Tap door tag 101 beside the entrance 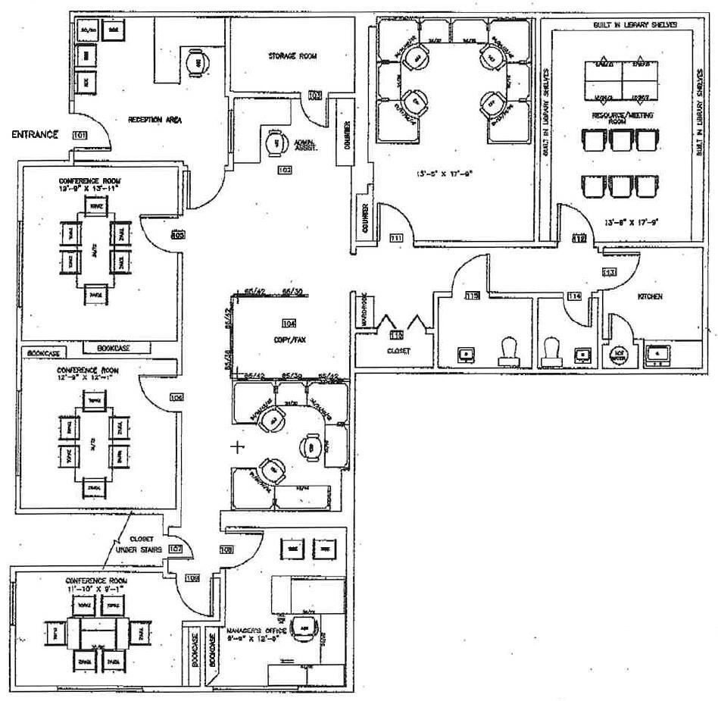click(79, 135)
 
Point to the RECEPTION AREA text click(155, 119)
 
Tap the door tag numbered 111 click(395, 239)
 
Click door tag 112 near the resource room click(579, 239)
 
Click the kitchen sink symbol click(657, 353)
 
